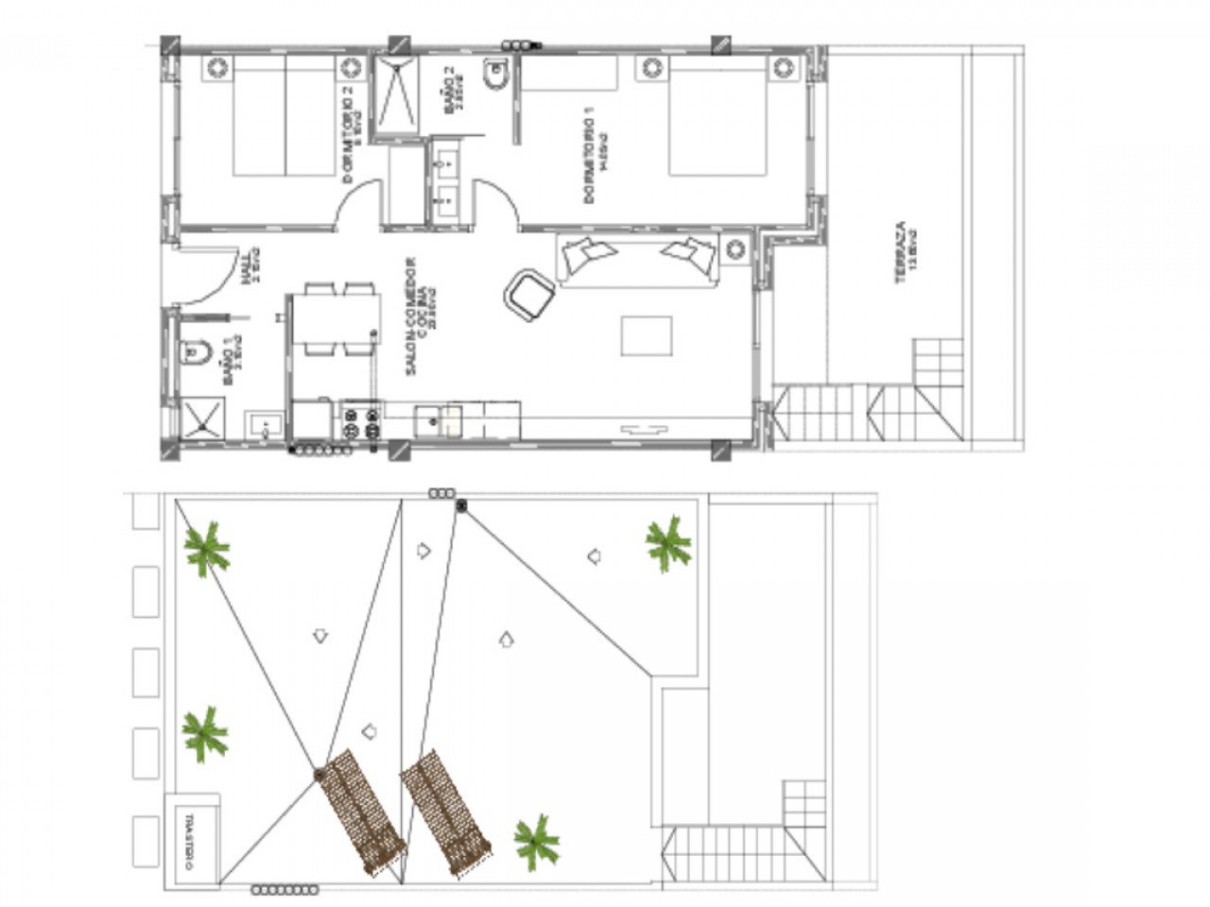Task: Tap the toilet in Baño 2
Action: (495, 75)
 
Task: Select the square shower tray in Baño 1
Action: (204, 419)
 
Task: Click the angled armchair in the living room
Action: (529, 294)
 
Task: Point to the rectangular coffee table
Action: (647, 335)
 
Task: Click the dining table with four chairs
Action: (335, 320)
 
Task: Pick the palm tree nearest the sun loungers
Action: (537, 840)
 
